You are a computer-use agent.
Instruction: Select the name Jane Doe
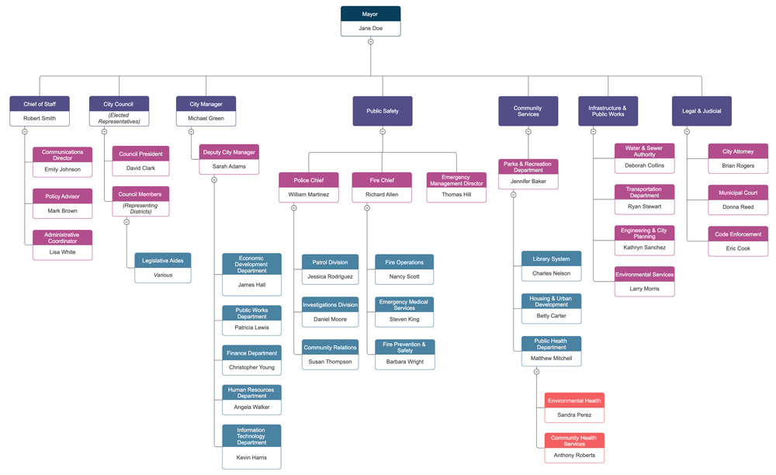(370, 28)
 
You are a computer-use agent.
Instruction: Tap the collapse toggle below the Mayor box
(370, 42)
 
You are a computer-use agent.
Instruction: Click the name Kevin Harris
(251, 458)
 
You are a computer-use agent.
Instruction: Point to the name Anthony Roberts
(574, 456)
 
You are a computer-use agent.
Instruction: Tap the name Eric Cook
(738, 248)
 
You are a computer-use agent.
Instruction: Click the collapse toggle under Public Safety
(383, 132)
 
